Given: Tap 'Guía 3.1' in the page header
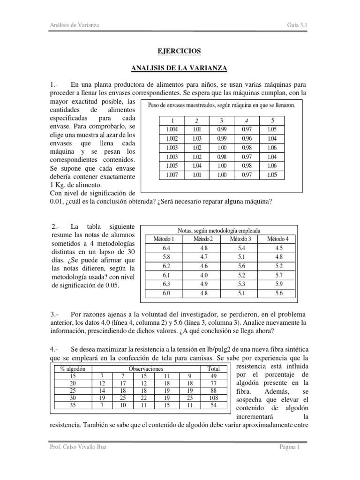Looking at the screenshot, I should [x=297, y=24].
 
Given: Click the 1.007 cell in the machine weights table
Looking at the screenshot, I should [x=172, y=175].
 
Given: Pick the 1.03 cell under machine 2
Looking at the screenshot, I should [x=196, y=139].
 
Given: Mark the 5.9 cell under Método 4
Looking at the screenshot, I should [x=278, y=285].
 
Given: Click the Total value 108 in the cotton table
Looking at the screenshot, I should [x=213, y=398].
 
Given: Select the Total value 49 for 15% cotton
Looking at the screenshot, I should [x=213, y=376].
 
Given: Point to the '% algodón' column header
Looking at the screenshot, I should [x=72, y=369].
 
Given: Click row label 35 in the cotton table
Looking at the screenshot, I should [x=72, y=405].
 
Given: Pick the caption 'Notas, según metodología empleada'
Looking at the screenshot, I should [x=219, y=231].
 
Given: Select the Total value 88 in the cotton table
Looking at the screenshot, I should [x=213, y=391].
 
